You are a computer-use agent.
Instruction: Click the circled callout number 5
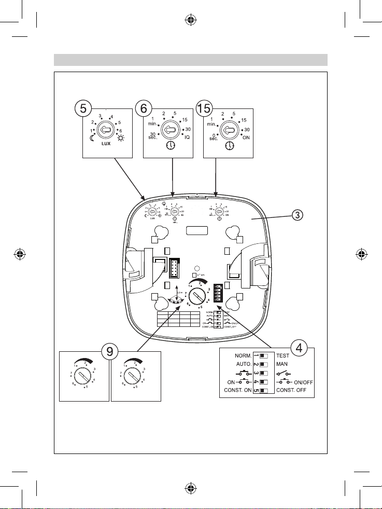click(81, 109)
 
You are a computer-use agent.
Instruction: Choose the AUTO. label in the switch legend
click(240, 365)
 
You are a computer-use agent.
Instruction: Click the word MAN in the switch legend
click(283, 365)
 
